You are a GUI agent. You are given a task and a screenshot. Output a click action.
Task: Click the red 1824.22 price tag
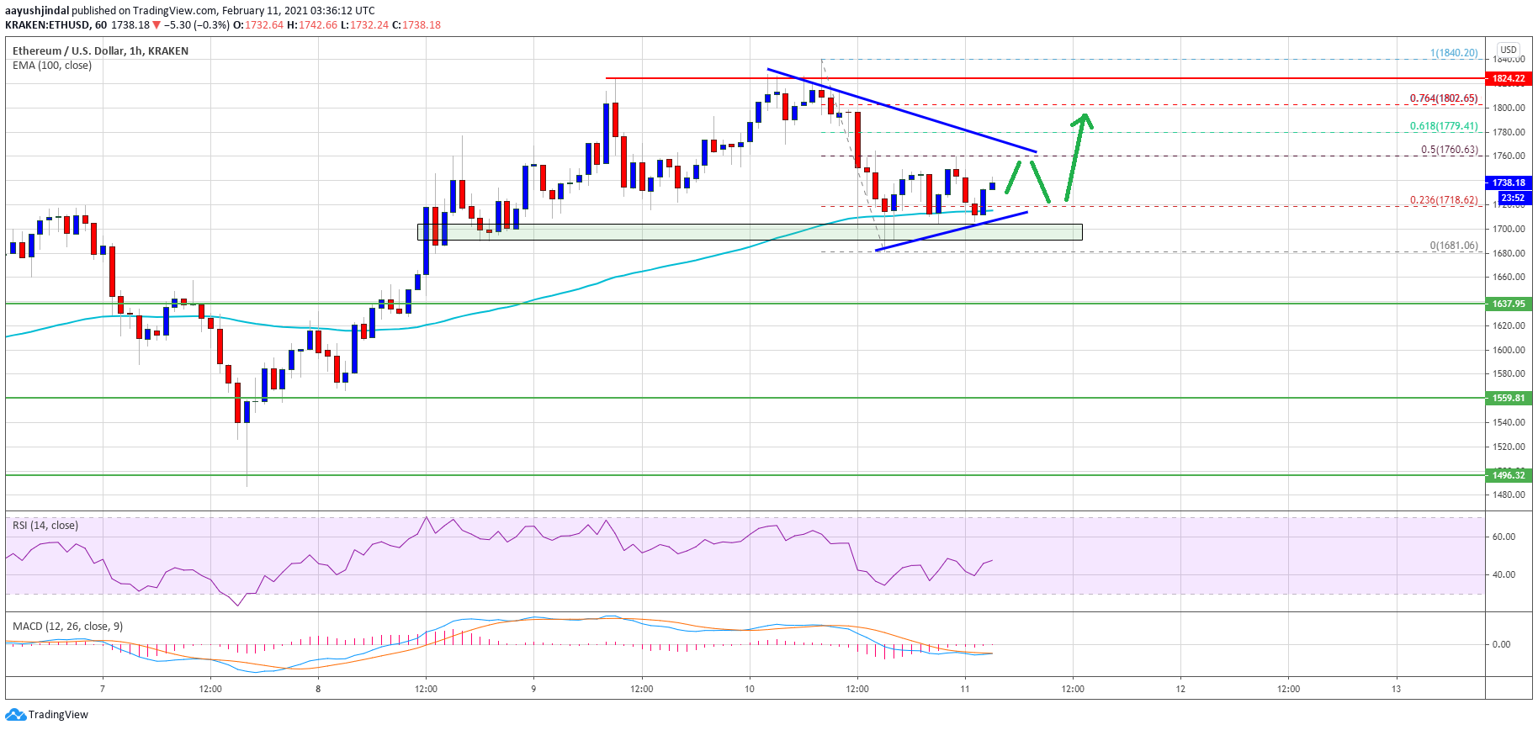click(x=1509, y=78)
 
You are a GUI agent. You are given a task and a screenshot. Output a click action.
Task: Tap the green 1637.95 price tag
click(x=1509, y=304)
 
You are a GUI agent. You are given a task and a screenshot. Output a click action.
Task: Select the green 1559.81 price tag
click(x=1509, y=398)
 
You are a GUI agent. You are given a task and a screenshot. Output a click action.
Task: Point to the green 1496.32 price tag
click(x=1509, y=475)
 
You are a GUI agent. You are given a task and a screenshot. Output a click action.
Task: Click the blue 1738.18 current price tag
click(x=1509, y=182)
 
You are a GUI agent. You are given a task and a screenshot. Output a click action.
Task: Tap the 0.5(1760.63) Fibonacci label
click(x=1449, y=150)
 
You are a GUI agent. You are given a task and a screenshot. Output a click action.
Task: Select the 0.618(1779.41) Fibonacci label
click(x=1444, y=126)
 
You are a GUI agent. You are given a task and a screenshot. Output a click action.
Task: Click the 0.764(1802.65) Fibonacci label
click(x=1444, y=98)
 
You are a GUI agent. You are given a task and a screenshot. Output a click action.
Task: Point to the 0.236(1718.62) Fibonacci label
click(x=1444, y=200)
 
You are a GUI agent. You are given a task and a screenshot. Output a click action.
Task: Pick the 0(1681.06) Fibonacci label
click(x=1453, y=246)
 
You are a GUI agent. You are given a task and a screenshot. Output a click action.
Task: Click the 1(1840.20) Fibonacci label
click(x=1453, y=53)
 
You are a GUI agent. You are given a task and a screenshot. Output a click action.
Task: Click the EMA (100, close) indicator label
click(x=52, y=66)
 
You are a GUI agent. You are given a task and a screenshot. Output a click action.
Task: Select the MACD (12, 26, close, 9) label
click(x=67, y=627)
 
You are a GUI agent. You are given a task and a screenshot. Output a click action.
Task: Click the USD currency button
click(x=1509, y=50)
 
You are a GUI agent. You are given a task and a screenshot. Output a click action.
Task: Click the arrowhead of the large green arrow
click(x=1084, y=119)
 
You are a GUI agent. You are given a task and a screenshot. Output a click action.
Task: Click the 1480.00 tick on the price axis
click(x=1508, y=495)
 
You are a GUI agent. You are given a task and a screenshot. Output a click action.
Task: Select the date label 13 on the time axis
click(x=1396, y=689)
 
